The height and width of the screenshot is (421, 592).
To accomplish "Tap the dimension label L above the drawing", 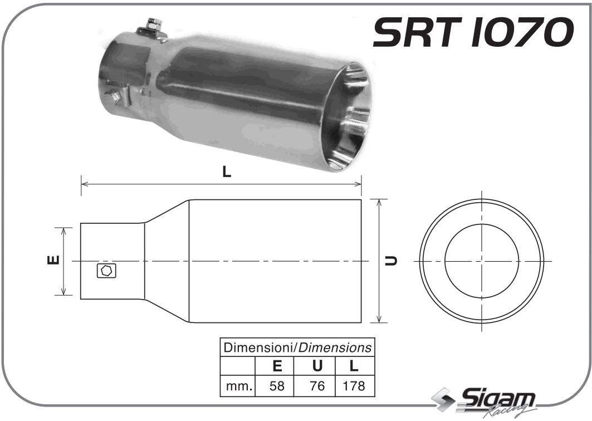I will pos(226,172).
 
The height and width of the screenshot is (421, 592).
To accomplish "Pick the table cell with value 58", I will pos(276,385).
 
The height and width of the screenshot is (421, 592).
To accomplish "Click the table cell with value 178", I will pos(354,385).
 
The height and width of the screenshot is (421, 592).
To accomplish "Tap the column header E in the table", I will pos(276,366).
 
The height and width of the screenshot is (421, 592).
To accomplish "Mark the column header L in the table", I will pos(354,366).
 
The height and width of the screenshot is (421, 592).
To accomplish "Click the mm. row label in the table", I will pos(238,385).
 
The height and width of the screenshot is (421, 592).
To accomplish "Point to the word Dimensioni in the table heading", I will pos(258,347).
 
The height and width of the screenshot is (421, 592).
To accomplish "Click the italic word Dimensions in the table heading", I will pos(334,347).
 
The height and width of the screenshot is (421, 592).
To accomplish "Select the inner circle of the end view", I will pos(482,261).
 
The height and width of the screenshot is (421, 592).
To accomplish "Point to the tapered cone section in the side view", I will pos(167,261).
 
